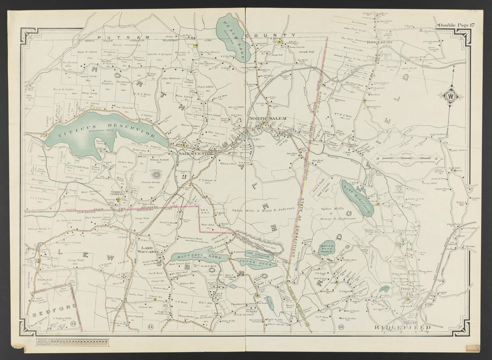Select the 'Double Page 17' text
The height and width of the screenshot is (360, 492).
(x=455, y=25)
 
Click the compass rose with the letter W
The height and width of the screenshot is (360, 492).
(x=450, y=95)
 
